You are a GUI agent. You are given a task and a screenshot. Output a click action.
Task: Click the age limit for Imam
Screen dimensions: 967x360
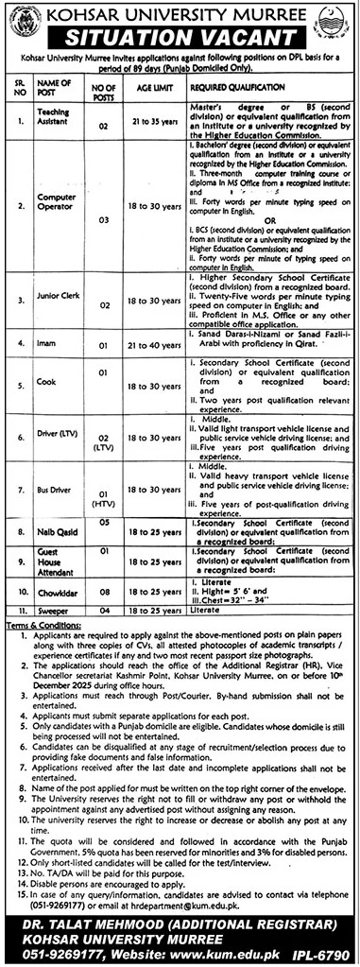pos(154,345)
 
